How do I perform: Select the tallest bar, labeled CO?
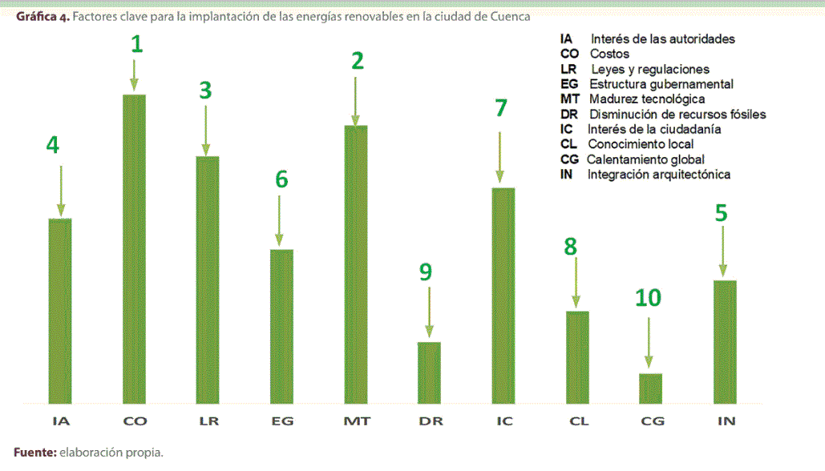[x=134, y=248]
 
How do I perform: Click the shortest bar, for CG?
[x=650, y=388]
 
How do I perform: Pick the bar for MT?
[x=355, y=264]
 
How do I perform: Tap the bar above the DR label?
[x=429, y=372]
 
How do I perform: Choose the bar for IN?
[x=724, y=341]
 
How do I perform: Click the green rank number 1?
[x=137, y=45]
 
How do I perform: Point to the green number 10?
[x=648, y=298]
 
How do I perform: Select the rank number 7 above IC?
[x=501, y=108]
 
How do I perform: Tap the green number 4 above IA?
[x=53, y=145]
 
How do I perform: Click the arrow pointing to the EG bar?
[x=279, y=220]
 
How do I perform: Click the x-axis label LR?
[x=207, y=421]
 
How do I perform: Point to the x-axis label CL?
[x=577, y=421]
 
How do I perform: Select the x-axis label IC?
[x=503, y=421]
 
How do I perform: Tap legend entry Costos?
[x=609, y=54]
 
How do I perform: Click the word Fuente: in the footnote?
[x=34, y=453]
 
